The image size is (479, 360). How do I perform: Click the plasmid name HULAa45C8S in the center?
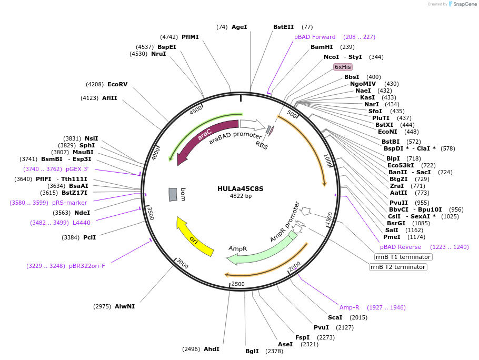pos(241,188)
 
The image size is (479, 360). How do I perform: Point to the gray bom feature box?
pos(173,194)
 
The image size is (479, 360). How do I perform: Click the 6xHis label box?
pos(343,67)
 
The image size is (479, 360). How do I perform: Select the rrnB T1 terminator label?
pos(403,257)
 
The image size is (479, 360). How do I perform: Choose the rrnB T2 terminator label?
pos(398,267)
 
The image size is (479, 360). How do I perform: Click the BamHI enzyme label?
pos(321,47)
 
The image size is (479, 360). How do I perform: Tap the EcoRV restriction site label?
pos(117,84)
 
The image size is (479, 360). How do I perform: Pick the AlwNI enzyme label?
pos(125,306)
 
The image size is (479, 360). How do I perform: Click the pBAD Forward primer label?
pos(315,37)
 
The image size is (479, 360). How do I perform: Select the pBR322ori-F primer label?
pos(87,266)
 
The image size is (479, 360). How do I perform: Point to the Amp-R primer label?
pos(349,307)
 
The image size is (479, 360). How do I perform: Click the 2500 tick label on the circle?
pos(238,284)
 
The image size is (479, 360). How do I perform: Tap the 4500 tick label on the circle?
pos(196,109)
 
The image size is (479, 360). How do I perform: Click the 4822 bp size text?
pos(241,196)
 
